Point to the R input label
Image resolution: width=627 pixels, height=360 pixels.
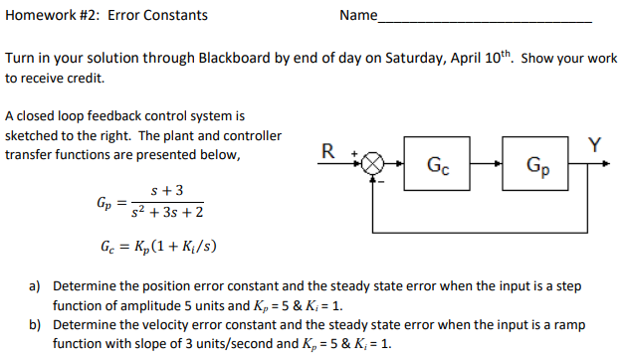(x=328, y=150)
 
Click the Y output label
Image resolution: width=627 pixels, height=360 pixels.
(x=594, y=144)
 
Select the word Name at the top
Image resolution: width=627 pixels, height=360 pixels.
(x=358, y=15)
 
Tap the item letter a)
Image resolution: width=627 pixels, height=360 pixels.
(x=34, y=285)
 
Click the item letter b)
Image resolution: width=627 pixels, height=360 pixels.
(x=34, y=325)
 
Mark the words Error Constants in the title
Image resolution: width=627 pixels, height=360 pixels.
(x=158, y=15)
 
